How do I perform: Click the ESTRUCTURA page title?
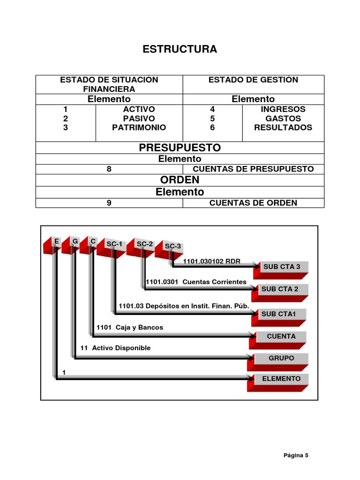pos(180,49)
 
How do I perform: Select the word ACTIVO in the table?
pos(139,109)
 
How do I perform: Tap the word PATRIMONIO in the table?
pos(139,127)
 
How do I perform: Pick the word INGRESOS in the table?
pos(283,109)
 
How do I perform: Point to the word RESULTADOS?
pos(283,127)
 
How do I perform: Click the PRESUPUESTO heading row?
pos(180,148)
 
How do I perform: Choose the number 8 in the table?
pos(109,169)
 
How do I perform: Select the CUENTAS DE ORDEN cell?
pos(253,202)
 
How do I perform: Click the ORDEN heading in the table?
pos(180,180)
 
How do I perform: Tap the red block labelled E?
pos(53,244)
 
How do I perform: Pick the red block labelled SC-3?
pos(170,248)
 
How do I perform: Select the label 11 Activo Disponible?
pos(115,348)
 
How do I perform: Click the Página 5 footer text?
pos(296,455)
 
